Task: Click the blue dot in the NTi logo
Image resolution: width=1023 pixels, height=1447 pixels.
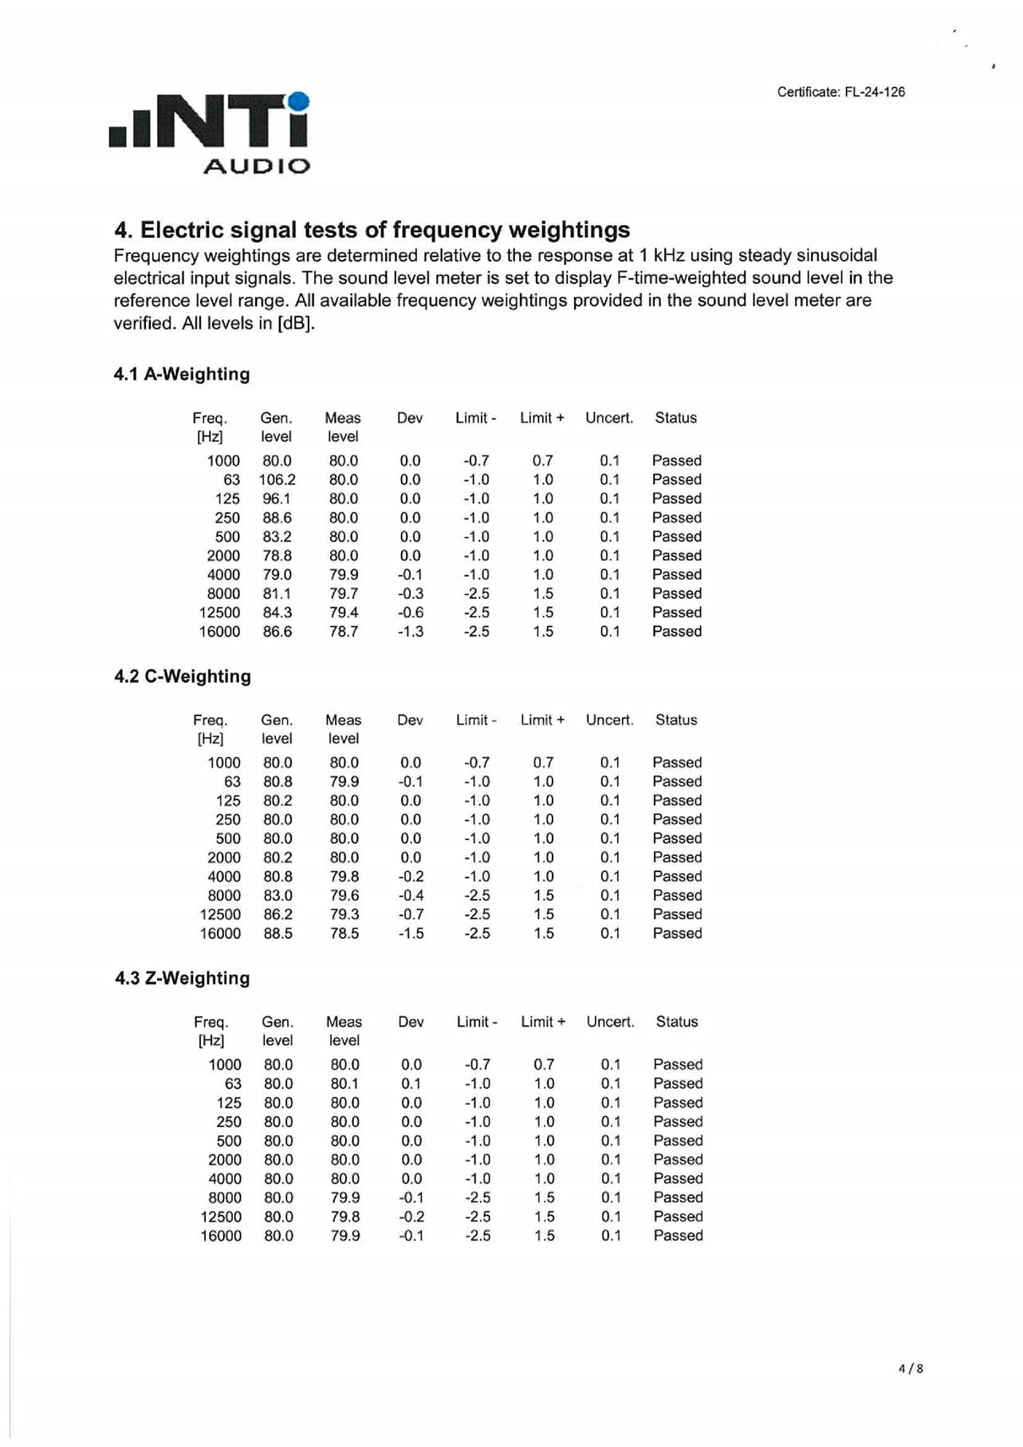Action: point(299,102)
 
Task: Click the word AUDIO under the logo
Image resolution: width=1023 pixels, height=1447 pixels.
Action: point(256,166)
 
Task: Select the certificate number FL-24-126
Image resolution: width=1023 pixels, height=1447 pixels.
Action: point(875,92)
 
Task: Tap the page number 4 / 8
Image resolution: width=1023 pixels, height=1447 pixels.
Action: point(911,1369)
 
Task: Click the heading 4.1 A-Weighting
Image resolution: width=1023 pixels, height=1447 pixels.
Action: point(182,374)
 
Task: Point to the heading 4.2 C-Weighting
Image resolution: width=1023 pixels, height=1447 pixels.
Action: point(183,676)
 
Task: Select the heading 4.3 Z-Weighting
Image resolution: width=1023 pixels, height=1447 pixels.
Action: point(183,978)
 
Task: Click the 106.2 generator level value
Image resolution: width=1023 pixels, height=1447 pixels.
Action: point(277,479)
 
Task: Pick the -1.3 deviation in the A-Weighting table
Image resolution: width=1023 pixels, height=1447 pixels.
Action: point(411,632)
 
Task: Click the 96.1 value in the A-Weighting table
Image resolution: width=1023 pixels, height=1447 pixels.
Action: point(277,499)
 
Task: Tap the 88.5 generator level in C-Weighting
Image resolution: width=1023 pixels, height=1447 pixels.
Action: point(277,933)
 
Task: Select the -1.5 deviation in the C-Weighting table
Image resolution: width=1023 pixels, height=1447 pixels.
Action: point(411,933)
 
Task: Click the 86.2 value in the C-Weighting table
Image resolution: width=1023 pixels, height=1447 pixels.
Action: point(277,914)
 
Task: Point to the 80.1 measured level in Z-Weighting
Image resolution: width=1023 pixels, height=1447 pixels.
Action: point(344,1083)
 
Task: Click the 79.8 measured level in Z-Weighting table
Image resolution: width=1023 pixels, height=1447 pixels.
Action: point(344,1216)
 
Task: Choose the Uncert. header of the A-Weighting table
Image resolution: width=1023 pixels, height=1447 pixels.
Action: point(609,418)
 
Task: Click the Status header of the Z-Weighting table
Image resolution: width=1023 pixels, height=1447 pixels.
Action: point(677,1022)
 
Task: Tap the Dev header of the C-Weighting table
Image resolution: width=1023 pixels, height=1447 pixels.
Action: point(410,720)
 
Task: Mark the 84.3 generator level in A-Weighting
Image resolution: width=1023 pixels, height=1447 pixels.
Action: point(277,613)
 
